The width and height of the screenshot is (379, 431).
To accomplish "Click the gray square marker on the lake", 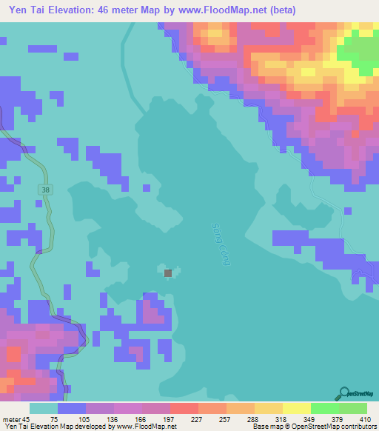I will [168, 273].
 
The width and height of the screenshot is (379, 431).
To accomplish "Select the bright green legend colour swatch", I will [324, 408].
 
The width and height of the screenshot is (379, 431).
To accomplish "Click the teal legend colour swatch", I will [43, 408].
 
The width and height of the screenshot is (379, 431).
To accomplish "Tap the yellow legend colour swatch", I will [296, 408].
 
